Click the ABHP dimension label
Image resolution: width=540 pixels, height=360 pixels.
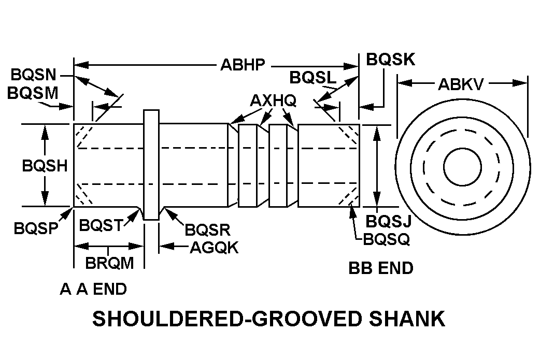tap(243, 65)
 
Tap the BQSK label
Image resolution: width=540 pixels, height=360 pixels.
tap(391, 60)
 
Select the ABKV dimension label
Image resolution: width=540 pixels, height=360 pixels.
tap(461, 84)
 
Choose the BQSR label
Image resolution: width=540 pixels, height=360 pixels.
tap(207, 229)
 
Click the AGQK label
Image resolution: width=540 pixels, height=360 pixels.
tap(214, 248)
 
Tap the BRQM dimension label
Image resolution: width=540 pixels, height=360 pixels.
tap(110, 262)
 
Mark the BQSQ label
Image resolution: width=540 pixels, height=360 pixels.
tap(387, 239)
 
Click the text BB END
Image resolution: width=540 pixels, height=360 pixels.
tap(381, 268)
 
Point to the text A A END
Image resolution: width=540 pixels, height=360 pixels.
tap(93, 289)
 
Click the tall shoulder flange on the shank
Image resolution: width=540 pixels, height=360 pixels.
tap(151, 165)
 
